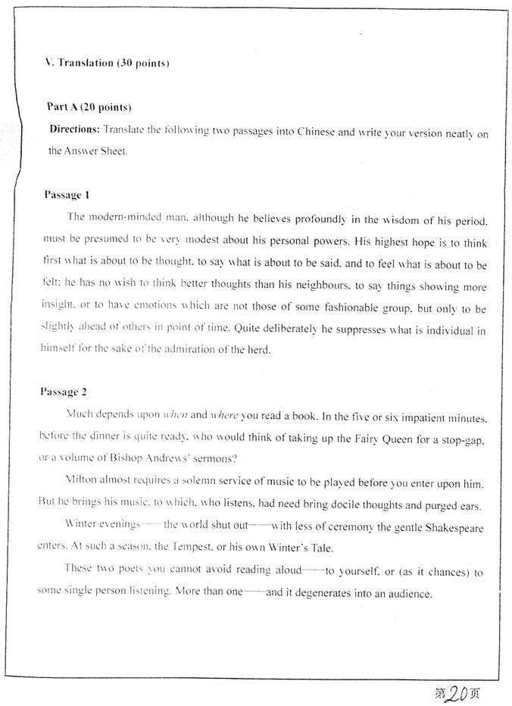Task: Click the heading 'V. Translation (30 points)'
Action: (107, 63)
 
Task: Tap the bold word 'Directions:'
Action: (74, 130)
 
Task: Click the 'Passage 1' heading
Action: (67, 195)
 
